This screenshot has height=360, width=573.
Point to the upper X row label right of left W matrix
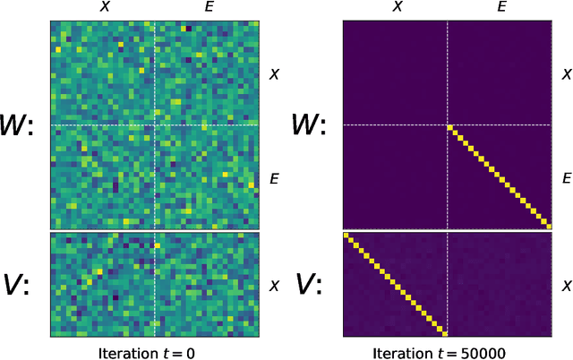coord(275,73)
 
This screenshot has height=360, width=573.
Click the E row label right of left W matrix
coord(275,179)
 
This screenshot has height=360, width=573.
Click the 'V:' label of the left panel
coord(19,285)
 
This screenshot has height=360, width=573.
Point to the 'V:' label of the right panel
coord(311,285)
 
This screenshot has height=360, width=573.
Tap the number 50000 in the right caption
coord(474,351)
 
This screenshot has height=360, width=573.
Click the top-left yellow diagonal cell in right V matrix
coord(346,237)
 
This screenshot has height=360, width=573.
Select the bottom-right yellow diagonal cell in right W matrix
coord(547,226)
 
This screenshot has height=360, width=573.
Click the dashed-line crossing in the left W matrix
coord(155,125)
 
